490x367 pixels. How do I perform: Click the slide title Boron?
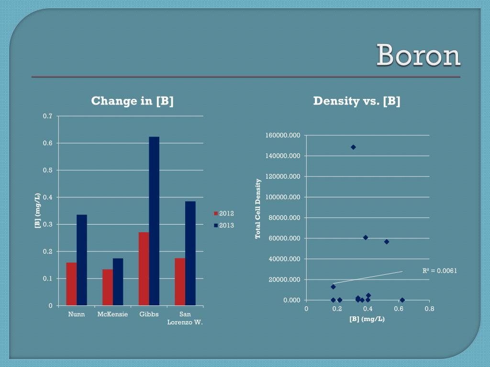pyautogui.click(x=418, y=56)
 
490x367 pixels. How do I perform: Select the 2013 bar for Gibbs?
pyautogui.click(x=154, y=221)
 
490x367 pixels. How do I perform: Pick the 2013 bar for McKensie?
pyautogui.click(x=118, y=281)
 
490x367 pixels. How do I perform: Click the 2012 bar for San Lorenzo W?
pyautogui.click(x=180, y=281)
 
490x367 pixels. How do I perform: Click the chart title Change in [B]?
pyautogui.click(x=133, y=101)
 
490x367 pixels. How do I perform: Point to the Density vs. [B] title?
pyautogui.click(x=356, y=101)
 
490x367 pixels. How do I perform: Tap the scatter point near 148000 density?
pyautogui.click(x=353, y=147)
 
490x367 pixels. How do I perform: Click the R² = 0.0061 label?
pyautogui.click(x=440, y=271)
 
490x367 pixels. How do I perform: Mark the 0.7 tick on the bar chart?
pyautogui.click(x=48, y=116)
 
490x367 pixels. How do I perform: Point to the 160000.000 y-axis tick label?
pyautogui.click(x=283, y=136)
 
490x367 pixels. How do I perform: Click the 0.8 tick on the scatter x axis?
pyautogui.click(x=429, y=309)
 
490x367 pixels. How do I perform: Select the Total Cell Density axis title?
pyautogui.click(x=258, y=208)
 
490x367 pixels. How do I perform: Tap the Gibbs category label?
pyautogui.click(x=149, y=314)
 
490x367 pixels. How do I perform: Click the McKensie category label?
pyautogui.click(x=112, y=314)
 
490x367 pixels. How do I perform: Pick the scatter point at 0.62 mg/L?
pyautogui.click(x=402, y=300)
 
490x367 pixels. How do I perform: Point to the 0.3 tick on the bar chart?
pyautogui.click(x=48, y=224)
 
